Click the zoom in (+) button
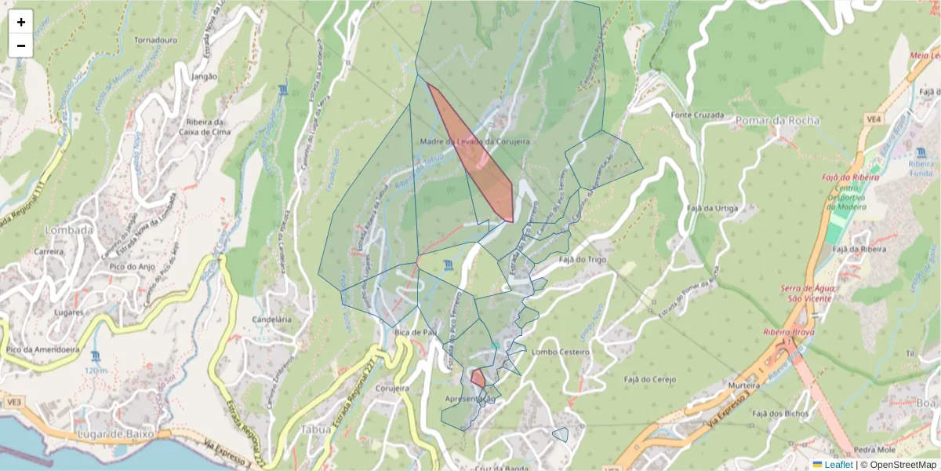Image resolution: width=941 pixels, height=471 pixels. [x=21, y=22]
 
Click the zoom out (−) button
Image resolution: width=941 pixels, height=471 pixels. [x=21, y=46]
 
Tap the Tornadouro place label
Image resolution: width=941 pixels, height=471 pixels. [x=157, y=39]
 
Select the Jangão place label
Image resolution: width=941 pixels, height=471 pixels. [x=203, y=77]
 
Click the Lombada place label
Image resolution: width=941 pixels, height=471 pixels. [x=70, y=231]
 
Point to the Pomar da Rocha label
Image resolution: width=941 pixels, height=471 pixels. [x=777, y=121]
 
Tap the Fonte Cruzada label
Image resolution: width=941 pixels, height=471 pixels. [x=697, y=115]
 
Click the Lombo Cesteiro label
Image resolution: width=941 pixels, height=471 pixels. [x=560, y=352]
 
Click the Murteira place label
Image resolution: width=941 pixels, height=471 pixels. [x=745, y=386]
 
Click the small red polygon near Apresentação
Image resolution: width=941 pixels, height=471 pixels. [x=477, y=378]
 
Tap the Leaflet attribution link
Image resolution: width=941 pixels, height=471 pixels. [x=838, y=465]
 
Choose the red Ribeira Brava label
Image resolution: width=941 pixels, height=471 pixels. [x=789, y=332]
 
